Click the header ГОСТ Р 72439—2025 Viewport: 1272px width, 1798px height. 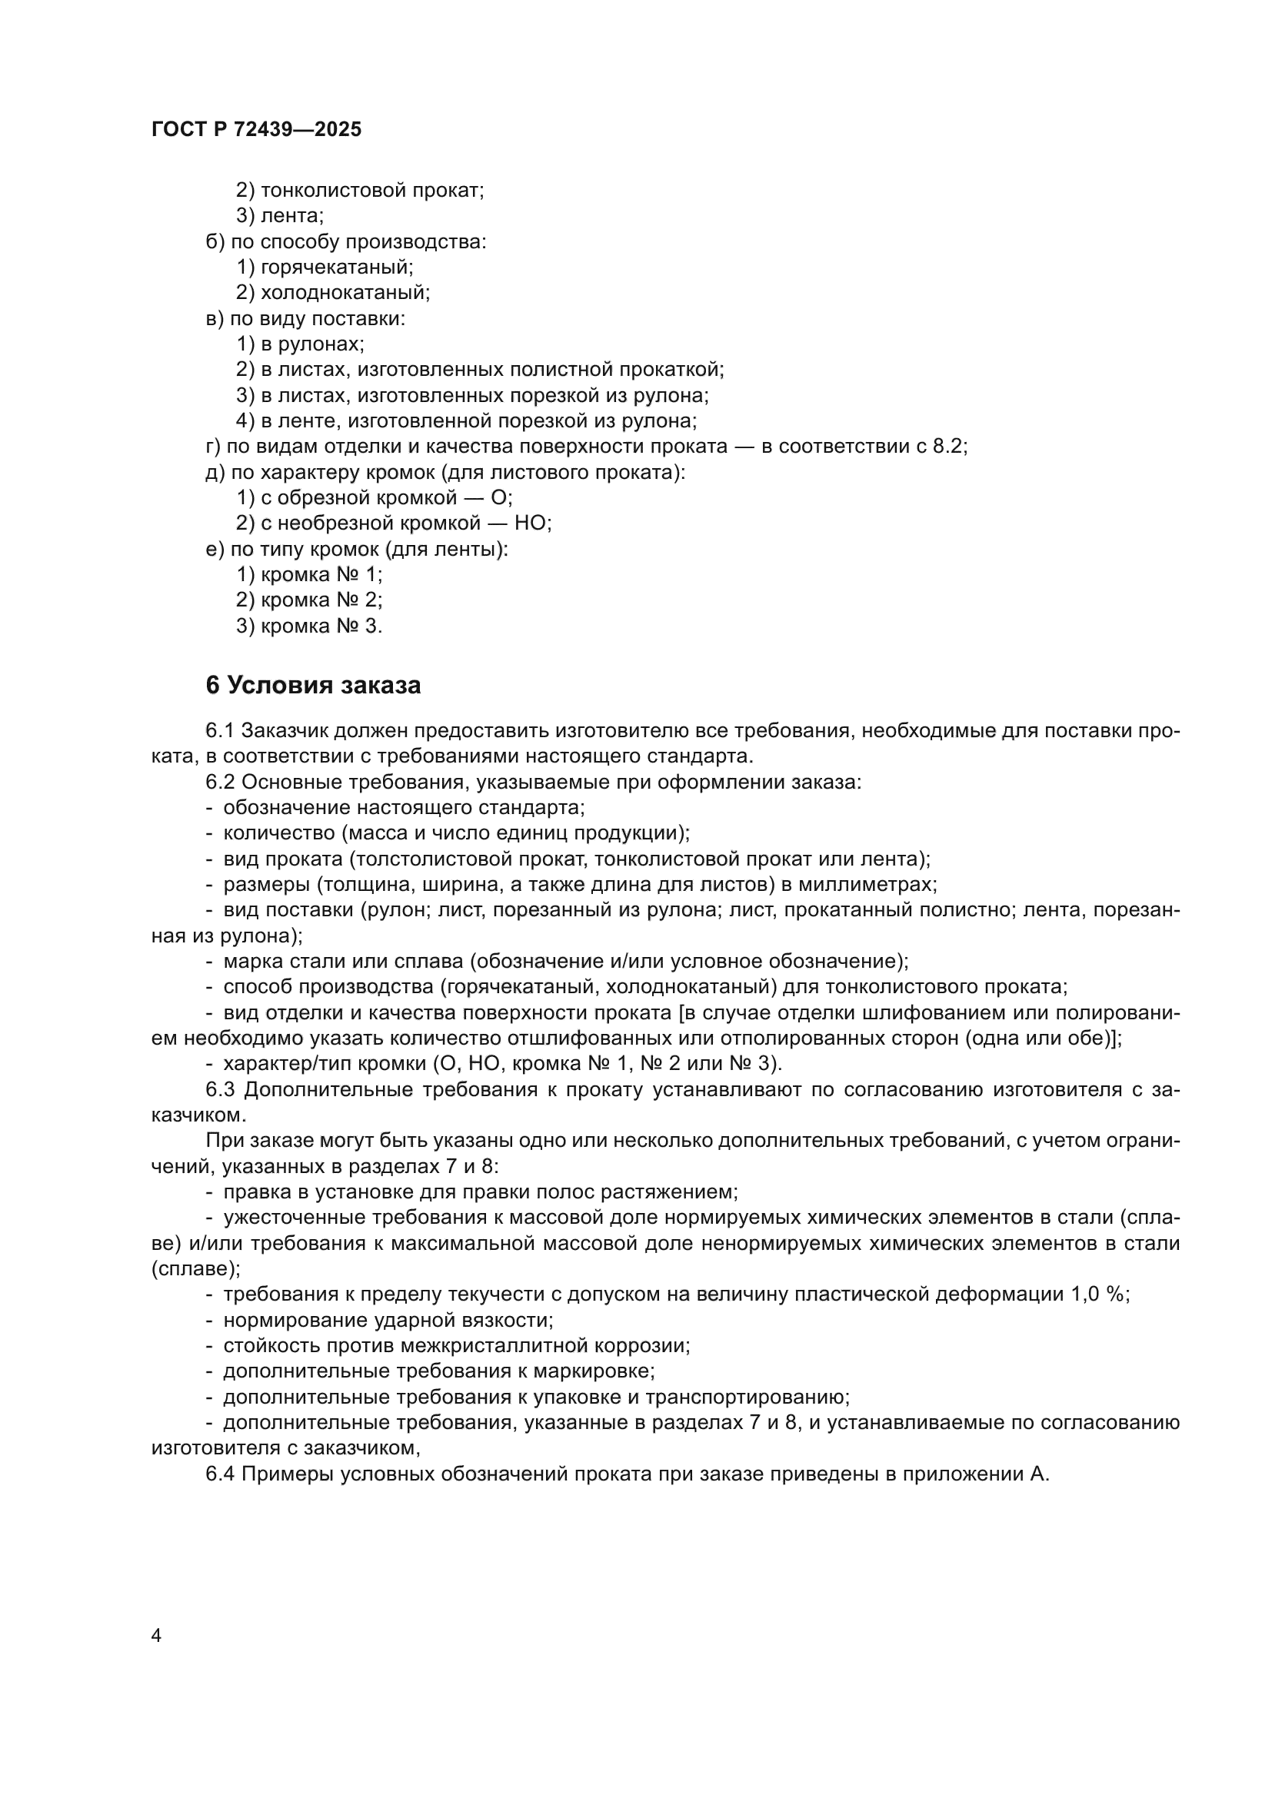[256, 130]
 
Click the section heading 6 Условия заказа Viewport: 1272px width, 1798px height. [313, 685]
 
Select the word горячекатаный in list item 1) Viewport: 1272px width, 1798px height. [337, 267]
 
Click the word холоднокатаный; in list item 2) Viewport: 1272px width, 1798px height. [345, 293]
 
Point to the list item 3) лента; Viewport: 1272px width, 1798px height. [280, 215]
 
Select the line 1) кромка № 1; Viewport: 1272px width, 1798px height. [309, 575]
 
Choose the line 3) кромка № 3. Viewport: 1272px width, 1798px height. [309, 626]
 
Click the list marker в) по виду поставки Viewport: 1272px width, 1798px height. [215, 319]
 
